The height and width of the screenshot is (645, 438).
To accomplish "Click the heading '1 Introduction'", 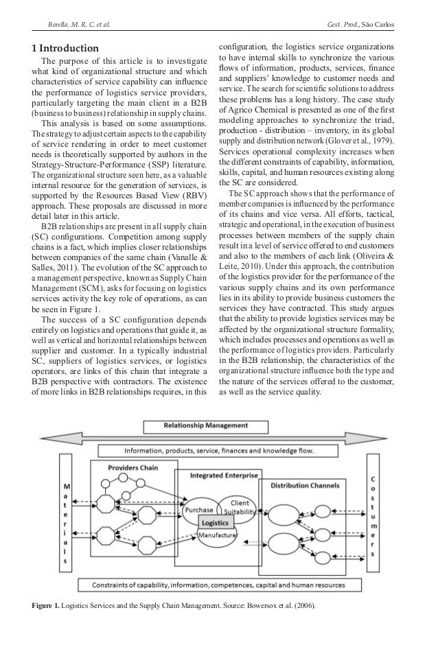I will pyautogui.click(x=66, y=49).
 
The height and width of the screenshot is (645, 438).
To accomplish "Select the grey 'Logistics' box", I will pyautogui.click(x=219, y=523).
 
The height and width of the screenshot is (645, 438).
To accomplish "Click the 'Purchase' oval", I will pyautogui.click(x=200, y=510).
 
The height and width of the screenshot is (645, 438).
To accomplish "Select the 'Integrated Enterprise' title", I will pyautogui.click(x=216, y=475).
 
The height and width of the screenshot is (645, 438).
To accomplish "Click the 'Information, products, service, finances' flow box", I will pyautogui.click(x=219, y=450).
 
